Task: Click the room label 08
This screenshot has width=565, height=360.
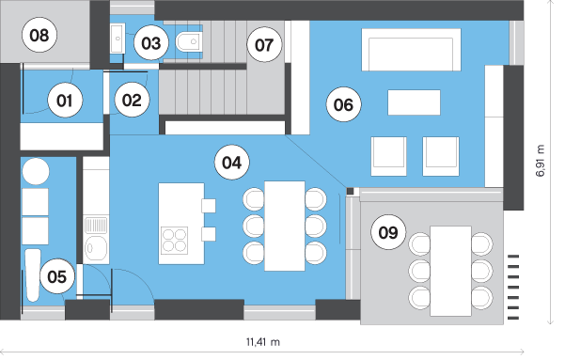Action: click(x=39, y=36)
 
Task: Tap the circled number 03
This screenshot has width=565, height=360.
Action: click(x=151, y=43)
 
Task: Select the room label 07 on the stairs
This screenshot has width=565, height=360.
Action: click(x=264, y=45)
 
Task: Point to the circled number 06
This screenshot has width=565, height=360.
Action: click(x=343, y=104)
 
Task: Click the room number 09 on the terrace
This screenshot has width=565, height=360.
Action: click(x=388, y=232)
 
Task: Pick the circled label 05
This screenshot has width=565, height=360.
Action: click(x=57, y=276)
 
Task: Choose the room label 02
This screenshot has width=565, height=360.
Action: click(x=132, y=100)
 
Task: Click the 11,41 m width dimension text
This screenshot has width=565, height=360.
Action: click(x=263, y=341)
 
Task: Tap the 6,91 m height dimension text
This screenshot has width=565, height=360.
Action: click(x=541, y=161)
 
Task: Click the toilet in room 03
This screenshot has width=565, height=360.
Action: click(x=190, y=41)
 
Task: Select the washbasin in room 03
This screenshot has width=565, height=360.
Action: click(x=118, y=38)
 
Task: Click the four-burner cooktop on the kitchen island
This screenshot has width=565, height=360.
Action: click(x=175, y=241)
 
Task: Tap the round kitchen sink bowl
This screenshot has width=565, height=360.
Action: click(x=96, y=248)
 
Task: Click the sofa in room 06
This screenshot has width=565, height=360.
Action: click(x=411, y=50)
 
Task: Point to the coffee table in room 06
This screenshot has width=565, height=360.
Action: click(x=414, y=102)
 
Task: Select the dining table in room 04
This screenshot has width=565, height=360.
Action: click(x=285, y=226)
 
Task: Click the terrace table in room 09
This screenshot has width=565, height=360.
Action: click(x=450, y=271)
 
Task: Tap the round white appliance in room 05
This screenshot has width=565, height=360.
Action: click(x=36, y=171)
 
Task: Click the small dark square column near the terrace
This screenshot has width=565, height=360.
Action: click(x=351, y=192)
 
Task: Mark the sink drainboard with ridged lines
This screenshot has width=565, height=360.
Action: click(x=96, y=225)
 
